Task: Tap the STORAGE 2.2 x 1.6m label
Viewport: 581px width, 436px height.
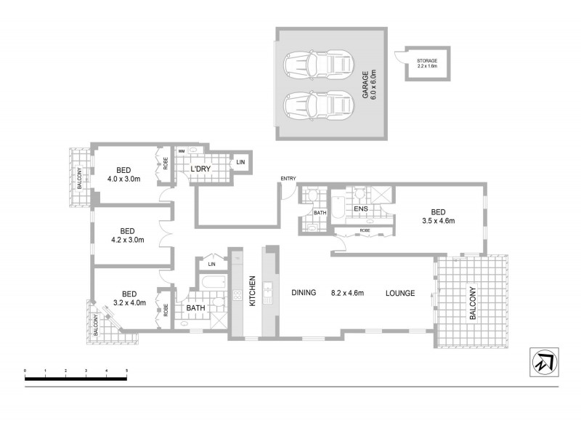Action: pyautogui.click(x=427, y=63)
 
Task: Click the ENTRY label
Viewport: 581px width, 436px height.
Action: pyautogui.click(x=289, y=179)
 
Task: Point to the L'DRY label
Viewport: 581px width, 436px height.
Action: pyautogui.click(x=200, y=169)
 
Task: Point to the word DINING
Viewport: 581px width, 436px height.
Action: pyautogui.click(x=304, y=294)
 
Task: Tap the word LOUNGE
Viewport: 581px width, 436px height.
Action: pyautogui.click(x=400, y=294)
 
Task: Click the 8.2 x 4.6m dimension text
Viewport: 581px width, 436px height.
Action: pyautogui.click(x=346, y=294)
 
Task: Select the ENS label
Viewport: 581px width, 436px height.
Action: pyautogui.click(x=361, y=209)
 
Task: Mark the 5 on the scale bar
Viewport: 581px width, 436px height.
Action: pyautogui.click(x=126, y=371)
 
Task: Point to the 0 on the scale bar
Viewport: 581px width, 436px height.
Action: pyautogui.click(x=25, y=371)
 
